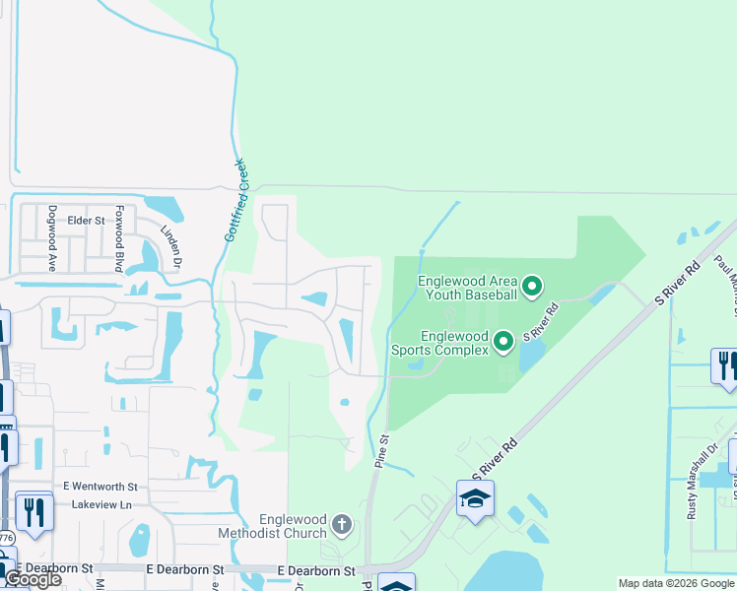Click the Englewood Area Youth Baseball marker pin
pyautogui.click(x=532, y=288)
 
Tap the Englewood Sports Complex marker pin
pyautogui.click(x=503, y=342)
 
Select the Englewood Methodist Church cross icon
pyautogui.click(x=341, y=523)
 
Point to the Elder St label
pyautogui.click(x=86, y=221)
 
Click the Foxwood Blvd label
pyautogui.click(x=118, y=238)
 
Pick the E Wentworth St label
pyautogui.click(x=101, y=486)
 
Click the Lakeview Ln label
pyautogui.click(x=101, y=503)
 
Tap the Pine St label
pyautogui.click(x=381, y=454)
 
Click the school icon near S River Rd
pyautogui.click(x=475, y=499)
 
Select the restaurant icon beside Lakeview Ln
pyautogui.click(x=34, y=511)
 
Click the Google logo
pyautogui.click(x=33, y=579)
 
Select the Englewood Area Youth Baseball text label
pyautogui.click(x=467, y=288)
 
